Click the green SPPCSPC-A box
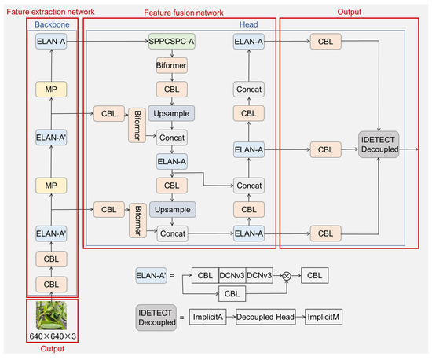[170, 40]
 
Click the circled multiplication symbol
[286, 276]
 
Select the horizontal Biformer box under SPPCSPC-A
[170, 64]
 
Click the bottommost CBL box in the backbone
[49, 283]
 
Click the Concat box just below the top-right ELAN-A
[248, 91]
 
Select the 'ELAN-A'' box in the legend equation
[152, 276]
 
